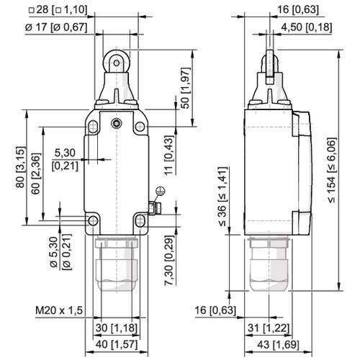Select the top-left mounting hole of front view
point(94,127)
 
